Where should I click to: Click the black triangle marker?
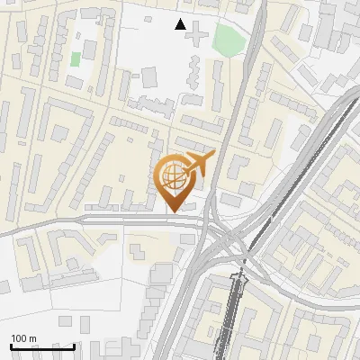(181, 24)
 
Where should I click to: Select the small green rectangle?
(76, 59)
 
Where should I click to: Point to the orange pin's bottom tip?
(174, 211)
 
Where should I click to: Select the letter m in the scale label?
(32, 338)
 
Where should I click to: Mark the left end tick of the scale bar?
(12, 345)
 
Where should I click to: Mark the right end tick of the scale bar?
(74, 345)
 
